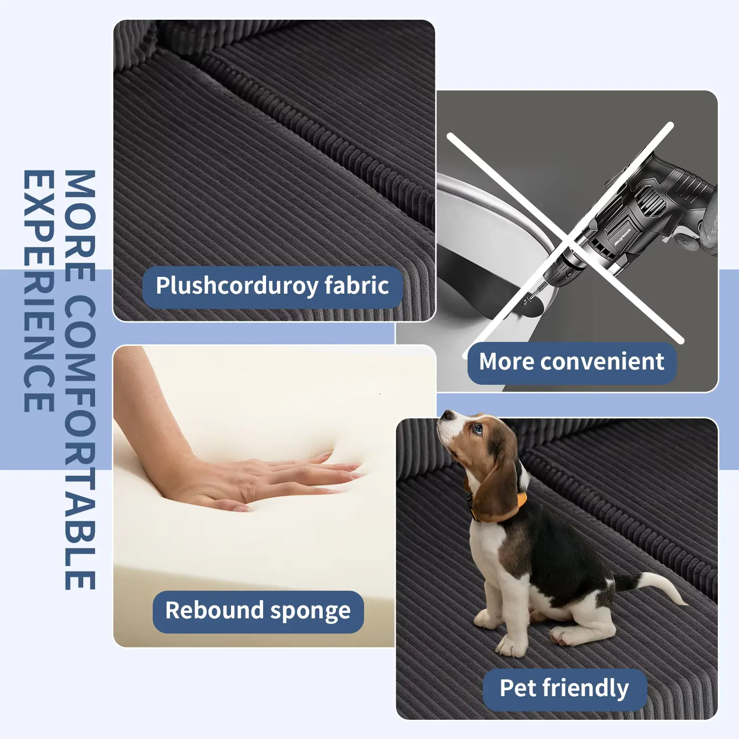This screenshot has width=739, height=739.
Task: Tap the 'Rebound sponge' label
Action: [x=258, y=611]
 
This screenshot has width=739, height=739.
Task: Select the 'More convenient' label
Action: [x=571, y=363]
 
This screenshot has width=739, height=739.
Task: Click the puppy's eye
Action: [x=477, y=429]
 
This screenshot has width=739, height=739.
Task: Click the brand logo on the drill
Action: [x=623, y=236]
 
